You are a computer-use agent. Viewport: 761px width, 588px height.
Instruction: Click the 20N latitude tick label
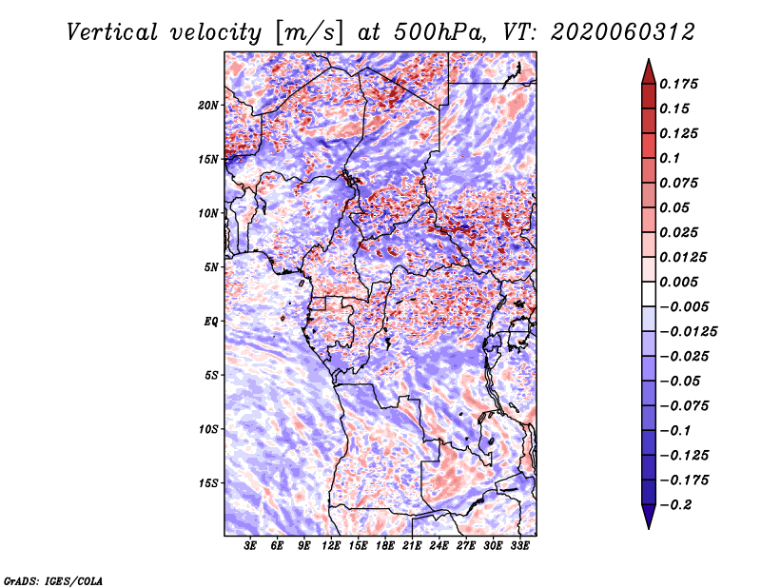point(208,105)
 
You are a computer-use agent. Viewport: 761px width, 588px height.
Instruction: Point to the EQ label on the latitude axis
point(211,322)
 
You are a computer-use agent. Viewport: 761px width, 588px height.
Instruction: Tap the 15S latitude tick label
point(208,483)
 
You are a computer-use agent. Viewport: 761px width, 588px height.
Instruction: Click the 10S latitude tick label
point(208,429)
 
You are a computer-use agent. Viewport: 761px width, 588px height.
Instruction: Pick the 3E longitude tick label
point(251,547)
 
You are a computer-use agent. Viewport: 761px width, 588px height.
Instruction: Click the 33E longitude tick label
point(519,547)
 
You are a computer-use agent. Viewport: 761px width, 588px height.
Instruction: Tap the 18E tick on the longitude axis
point(385,547)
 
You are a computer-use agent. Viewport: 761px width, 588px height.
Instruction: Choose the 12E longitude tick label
point(332,547)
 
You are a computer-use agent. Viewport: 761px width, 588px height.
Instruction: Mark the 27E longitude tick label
point(466,547)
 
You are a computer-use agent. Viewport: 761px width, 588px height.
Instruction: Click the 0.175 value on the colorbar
point(680,84)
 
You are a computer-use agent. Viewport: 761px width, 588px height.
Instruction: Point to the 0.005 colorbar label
point(680,282)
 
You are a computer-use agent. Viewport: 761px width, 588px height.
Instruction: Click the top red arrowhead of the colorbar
point(648,69)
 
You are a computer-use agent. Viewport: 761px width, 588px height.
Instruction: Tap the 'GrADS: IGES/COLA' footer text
point(53,579)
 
